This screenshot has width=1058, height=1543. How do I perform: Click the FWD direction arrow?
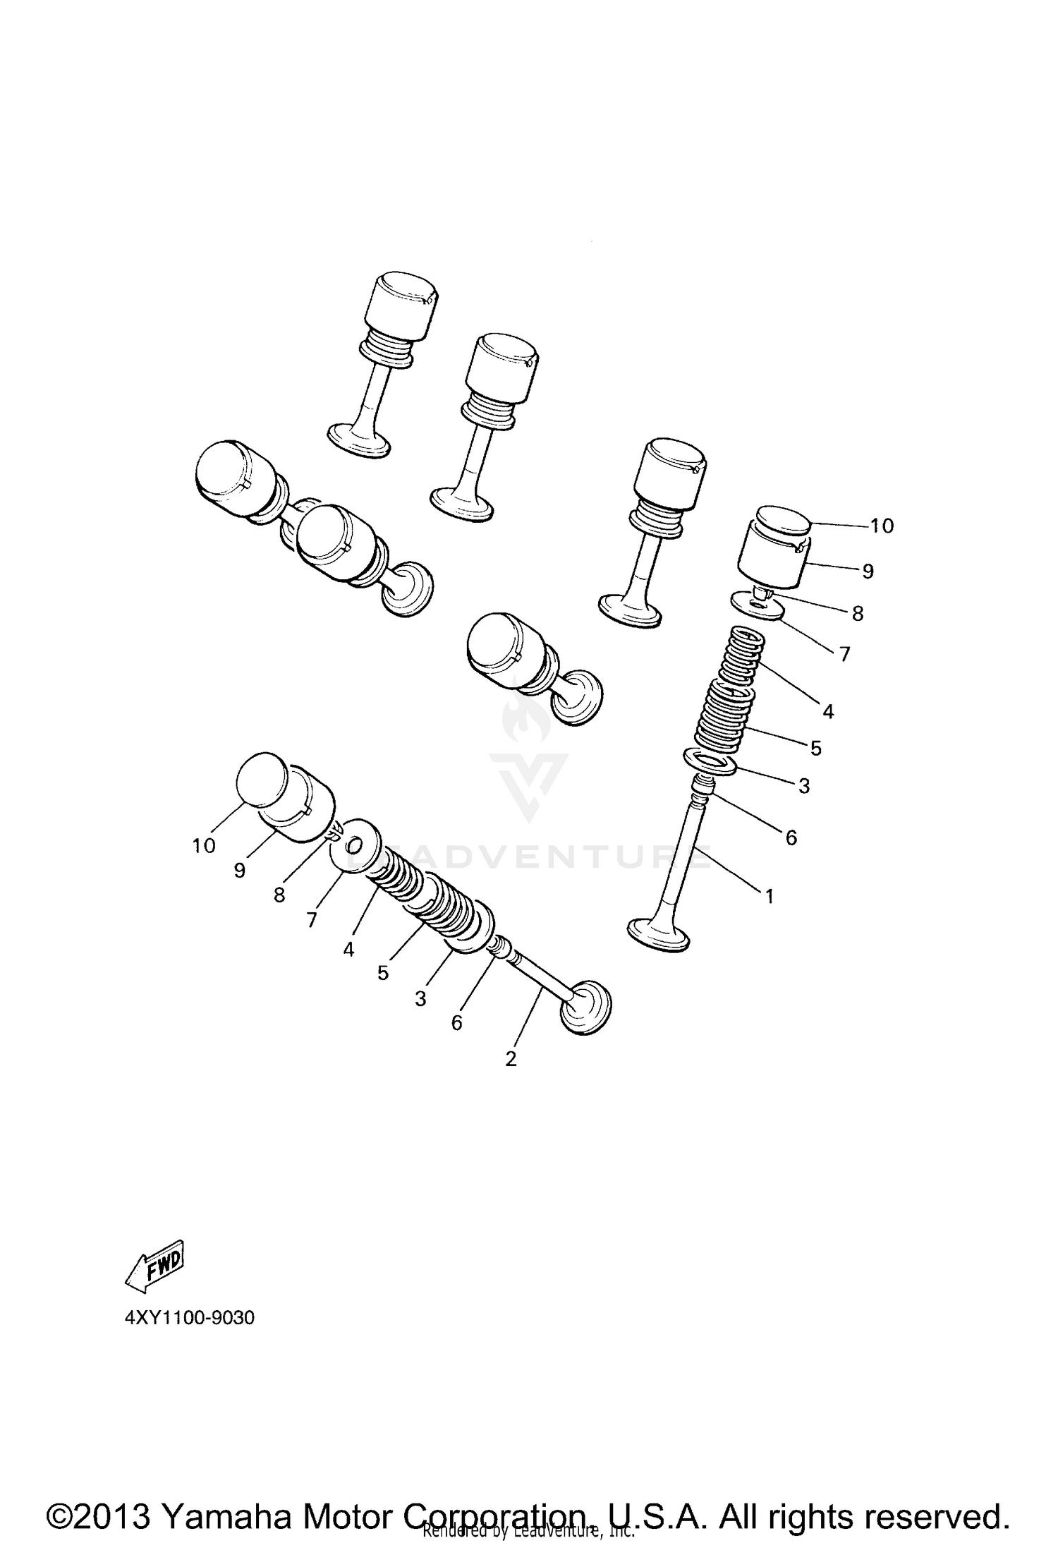click(x=155, y=1266)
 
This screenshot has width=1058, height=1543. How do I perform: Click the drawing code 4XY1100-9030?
click(x=189, y=1317)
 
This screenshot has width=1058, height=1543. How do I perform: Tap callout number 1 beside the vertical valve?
click(x=770, y=897)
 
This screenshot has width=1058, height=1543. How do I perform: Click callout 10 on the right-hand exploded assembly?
click(x=882, y=526)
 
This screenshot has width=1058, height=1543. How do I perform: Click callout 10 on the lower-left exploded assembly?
click(x=204, y=845)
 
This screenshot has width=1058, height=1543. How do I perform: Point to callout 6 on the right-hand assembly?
click(x=791, y=837)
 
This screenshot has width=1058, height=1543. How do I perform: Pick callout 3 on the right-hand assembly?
click(x=804, y=785)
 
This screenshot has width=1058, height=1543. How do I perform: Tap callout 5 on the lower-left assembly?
click(x=383, y=973)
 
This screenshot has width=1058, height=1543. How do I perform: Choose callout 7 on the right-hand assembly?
click(x=844, y=653)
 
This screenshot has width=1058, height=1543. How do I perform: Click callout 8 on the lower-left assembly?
click(x=279, y=895)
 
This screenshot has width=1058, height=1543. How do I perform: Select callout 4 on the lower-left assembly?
click(x=348, y=950)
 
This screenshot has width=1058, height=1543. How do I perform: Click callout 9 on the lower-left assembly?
click(x=240, y=871)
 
